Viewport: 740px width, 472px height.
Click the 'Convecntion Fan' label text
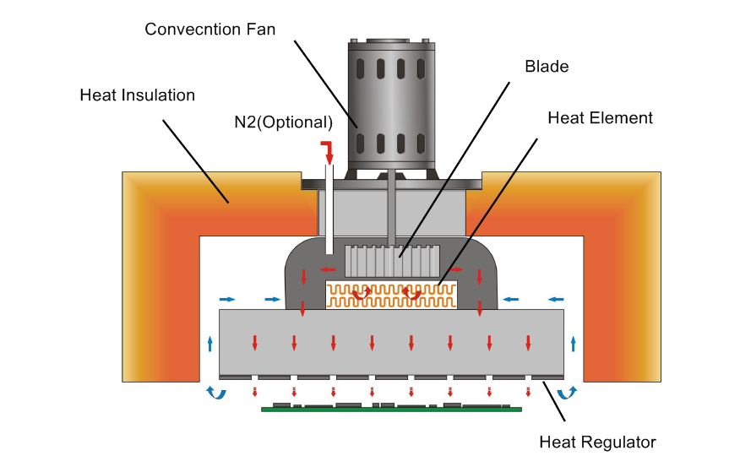[209, 29]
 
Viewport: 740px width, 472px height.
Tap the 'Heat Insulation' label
[137, 95]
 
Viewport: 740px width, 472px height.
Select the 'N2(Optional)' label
[283, 122]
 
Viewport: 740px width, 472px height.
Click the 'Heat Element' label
[600, 117]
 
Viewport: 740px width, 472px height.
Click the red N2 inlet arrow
[328, 153]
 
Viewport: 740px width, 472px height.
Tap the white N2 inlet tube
[329, 211]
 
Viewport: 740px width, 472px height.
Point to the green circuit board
[391, 408]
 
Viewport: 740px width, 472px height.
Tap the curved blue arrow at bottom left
[216, 393]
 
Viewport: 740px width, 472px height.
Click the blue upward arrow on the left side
[210, 343]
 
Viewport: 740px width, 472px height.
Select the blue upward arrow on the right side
[574, 343]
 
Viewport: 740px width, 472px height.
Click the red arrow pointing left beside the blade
[330, 270]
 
